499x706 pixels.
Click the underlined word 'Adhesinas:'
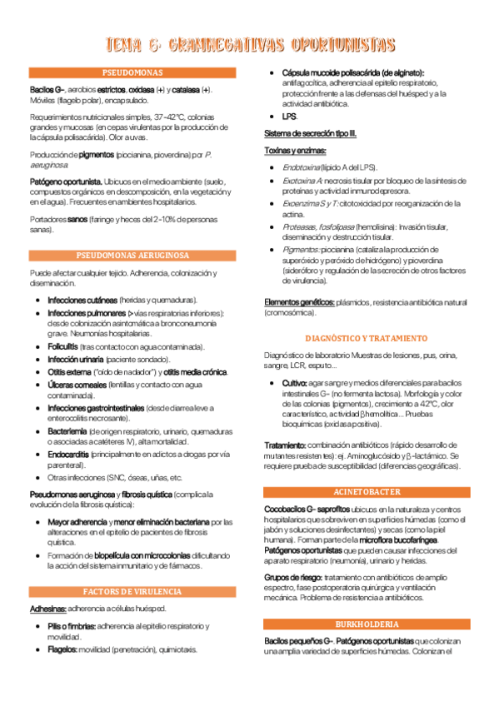(47, 609)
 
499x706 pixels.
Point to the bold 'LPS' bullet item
(289, 117)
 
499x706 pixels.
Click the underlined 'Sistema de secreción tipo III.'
(310, 133)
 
